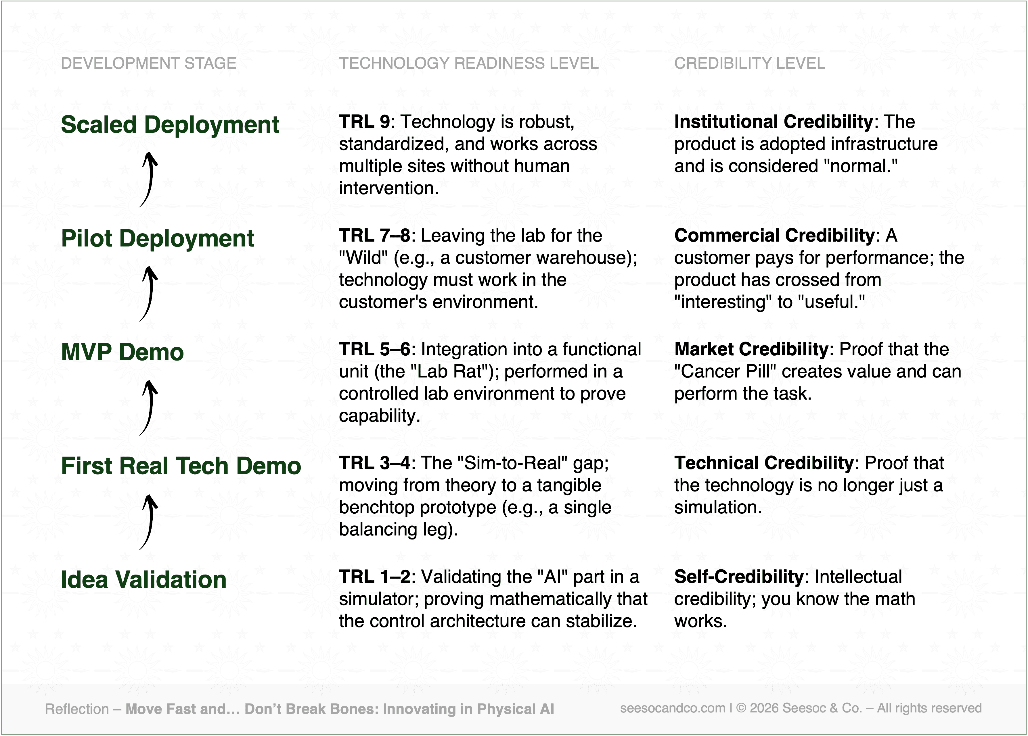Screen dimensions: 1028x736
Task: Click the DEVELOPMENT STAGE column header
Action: (x=149, y=63)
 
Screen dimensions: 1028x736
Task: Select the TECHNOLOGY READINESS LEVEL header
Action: (x=469, y=63)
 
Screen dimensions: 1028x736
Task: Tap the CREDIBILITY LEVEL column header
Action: (x=750, y=63)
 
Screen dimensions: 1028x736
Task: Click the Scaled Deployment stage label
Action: (x=170, y=125)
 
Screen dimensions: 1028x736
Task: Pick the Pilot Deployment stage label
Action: (x=158, y=239)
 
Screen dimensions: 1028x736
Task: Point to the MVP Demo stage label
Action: (x=122, y=352)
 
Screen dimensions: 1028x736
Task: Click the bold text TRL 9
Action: (x=364, y=122)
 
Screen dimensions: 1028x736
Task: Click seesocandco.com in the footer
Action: (x=673, y=708)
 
